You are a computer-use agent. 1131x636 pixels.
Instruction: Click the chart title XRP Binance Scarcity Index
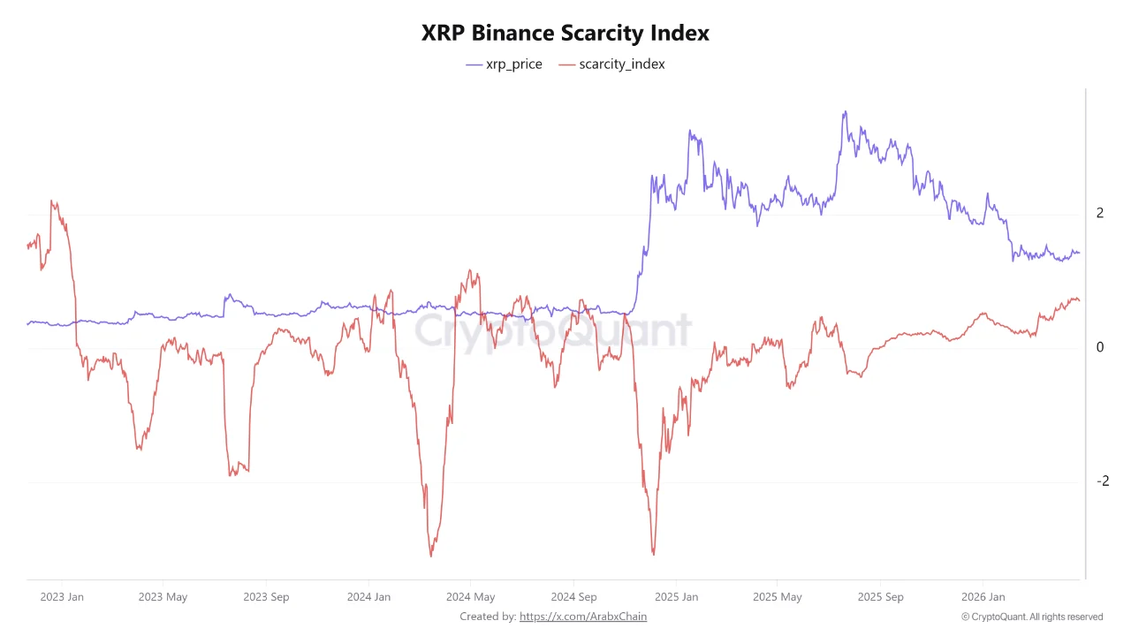(565, 34)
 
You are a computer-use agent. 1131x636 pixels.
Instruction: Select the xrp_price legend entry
(504, 64)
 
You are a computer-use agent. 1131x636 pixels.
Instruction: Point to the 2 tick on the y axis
(1100, 213)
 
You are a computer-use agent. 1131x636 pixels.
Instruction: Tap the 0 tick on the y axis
(1100, 347)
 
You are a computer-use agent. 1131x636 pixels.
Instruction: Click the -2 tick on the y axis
(1102, 481)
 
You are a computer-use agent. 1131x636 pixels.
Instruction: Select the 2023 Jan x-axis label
(62, 597)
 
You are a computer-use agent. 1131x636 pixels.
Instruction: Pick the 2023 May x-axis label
(163, 597)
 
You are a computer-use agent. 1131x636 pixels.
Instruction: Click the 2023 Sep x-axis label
(267, 597)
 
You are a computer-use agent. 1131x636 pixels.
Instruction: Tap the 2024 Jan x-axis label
(368, 597)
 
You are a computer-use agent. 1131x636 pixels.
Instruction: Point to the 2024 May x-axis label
(471, 597)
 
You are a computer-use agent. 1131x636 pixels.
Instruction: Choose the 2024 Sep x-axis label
(574, 597)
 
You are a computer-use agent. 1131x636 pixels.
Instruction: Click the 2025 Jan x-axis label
(676, 597)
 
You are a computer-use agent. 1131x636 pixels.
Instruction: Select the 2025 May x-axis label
(778, 597)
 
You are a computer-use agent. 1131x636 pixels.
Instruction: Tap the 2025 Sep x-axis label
(882, 597)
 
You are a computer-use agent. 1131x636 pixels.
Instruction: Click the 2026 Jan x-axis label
(983, 597)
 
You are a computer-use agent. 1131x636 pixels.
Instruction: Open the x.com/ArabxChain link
(583, 617)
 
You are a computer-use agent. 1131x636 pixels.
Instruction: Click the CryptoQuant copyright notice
(1032, 617)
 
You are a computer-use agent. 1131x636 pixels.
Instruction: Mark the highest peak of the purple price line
(845, 111)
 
